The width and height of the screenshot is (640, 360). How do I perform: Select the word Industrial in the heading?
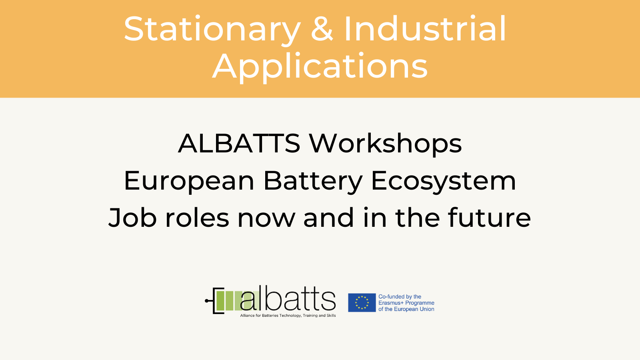425,28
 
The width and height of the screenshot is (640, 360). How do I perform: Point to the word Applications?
320,67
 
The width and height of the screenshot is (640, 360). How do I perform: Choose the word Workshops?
385,144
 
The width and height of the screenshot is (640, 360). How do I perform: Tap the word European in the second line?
189,182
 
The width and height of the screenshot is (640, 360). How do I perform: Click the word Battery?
312,182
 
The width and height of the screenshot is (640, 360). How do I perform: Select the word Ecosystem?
444,182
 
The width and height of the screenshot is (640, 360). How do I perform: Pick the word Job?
132,218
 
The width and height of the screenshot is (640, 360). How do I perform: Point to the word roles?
197,218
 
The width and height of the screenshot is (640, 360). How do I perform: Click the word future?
489,218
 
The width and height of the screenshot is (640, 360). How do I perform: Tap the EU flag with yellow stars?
362,302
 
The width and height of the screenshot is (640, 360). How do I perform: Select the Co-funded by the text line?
400,296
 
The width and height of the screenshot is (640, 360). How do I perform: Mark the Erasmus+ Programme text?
406,303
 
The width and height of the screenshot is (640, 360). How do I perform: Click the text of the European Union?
406,309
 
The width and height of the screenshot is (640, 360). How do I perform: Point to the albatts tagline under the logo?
288,316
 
